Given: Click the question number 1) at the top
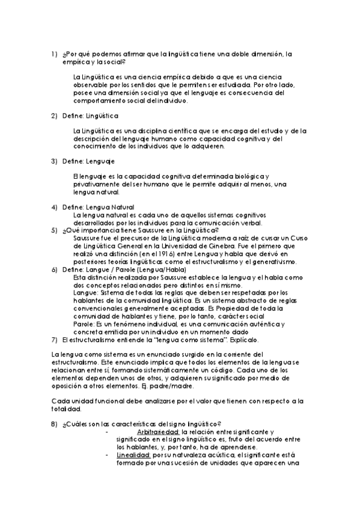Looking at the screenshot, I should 53,54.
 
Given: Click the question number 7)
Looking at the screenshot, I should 53,339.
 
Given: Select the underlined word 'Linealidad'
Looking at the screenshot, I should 133,455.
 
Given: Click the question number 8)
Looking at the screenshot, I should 53,424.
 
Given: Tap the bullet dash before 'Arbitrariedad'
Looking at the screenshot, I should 106,432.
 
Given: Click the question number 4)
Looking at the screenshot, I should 53,207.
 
